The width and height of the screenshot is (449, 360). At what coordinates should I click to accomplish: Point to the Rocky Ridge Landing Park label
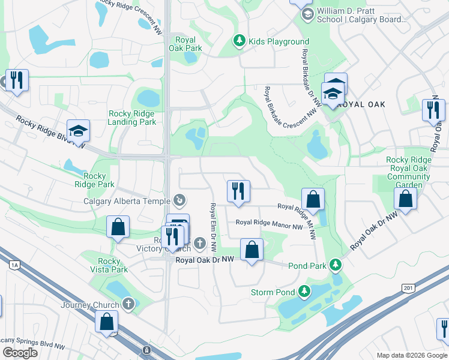tap(131, 118)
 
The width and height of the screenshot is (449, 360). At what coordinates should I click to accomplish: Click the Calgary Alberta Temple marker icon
tap(179, 200)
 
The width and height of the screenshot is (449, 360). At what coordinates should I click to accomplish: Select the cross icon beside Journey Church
tap(128, 305)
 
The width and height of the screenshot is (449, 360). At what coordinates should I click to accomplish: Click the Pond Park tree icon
tap(338, 265)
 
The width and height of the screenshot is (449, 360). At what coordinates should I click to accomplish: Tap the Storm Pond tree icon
tap(305, 292)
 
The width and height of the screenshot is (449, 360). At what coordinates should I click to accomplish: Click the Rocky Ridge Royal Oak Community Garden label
tap(408, 172)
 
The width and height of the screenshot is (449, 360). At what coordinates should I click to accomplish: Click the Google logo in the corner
tap(20, 352)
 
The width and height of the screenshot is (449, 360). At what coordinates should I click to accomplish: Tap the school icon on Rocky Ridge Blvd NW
tap(77, 131)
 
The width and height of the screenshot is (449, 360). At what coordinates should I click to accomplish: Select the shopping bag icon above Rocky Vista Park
tap(118, 227)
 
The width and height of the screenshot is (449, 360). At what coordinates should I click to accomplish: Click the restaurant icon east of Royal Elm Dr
tap(238, 191)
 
